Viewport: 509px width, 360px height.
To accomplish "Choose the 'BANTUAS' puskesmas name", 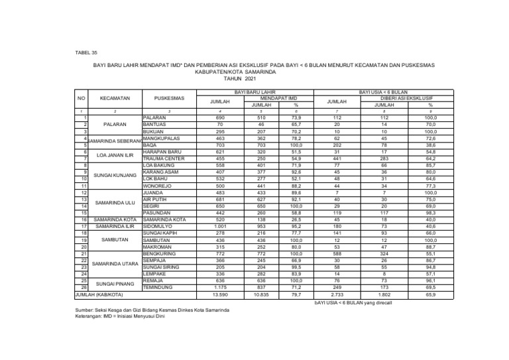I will [x=154, y=124].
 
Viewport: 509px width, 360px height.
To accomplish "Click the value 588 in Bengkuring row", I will [x=337, y=254].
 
